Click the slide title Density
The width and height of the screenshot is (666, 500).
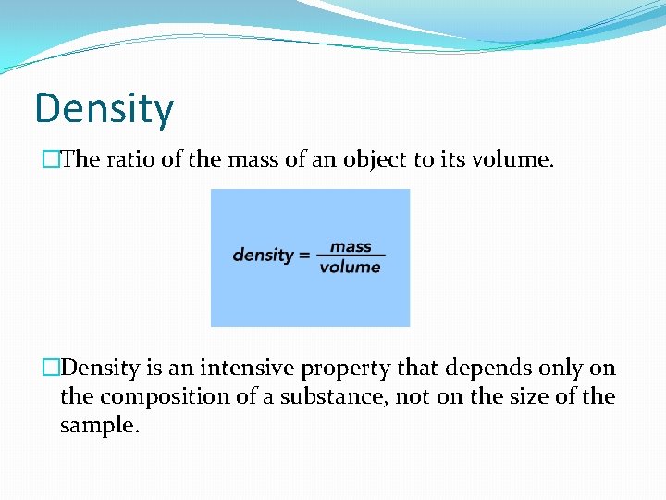(x=104, y=108)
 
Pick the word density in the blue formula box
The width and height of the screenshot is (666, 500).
(x=263, y=255)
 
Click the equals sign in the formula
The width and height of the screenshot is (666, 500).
(x=303, y=255)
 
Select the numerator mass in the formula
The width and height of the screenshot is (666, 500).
(x=351, y=246)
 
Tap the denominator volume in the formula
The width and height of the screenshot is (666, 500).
(x=351, y=268)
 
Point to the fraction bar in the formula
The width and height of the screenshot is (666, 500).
(x=351, y=256)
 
